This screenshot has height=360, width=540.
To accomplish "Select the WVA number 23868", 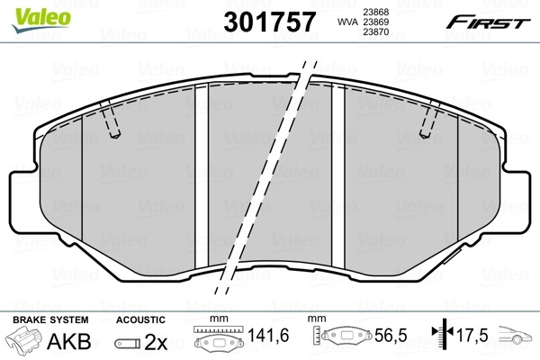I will pyautogui.click(x=375, y=11).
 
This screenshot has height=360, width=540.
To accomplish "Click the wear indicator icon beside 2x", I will pyautogui.click(x=129, y=343).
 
